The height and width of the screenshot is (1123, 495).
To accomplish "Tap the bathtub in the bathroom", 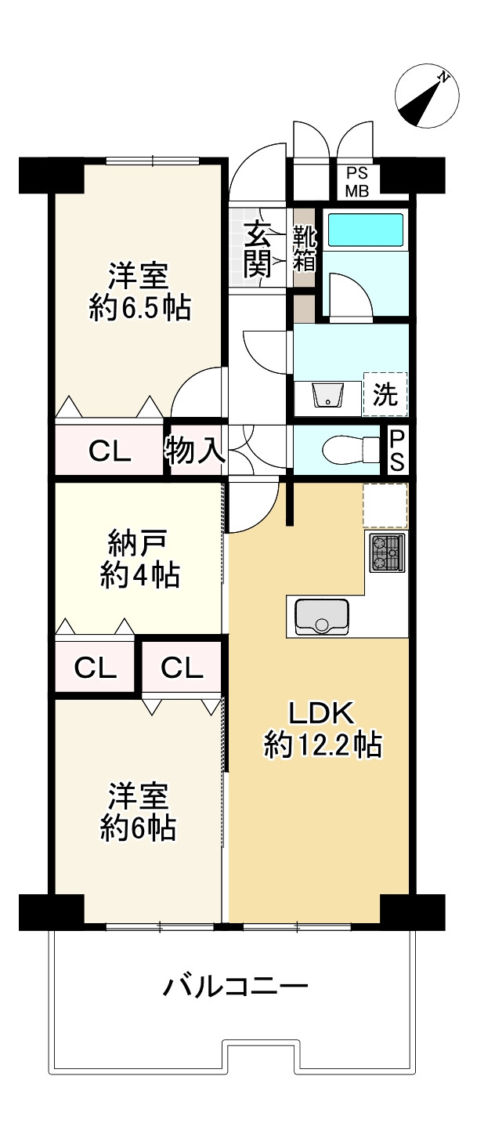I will [x=365, y=230].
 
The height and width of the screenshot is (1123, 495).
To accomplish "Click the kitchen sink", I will [x=322, y=615].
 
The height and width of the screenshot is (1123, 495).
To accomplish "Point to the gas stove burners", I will [x=386, y=552].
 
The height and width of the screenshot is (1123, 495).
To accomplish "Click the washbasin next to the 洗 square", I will [x=327, y=397].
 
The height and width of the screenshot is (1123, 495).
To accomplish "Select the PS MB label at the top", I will [x=358, y=182].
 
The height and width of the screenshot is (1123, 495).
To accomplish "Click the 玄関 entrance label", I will [x=258, y=250].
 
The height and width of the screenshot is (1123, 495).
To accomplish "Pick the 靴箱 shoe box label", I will [x=304, y=248].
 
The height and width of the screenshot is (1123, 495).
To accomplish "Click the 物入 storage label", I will [x=195, y=450].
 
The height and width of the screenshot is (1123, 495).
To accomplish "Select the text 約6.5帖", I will [x=139, y=308].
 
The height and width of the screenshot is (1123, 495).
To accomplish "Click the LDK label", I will [x=323, y=712].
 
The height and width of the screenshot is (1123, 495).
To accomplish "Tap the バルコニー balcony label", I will [x=235, y=985].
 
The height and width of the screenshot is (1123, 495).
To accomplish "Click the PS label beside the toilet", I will [x=397, y=450].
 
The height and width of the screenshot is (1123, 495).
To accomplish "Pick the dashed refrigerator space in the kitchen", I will [x=385, y=505].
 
